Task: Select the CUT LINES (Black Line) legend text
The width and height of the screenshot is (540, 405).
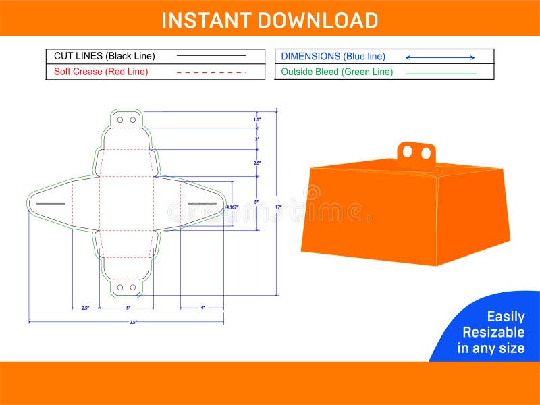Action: pyautogui.click(x=104, y=56)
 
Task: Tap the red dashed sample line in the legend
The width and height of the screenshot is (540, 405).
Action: pyautogui.click(x=211, y=72)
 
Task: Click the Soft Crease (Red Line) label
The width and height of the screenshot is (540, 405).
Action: pyautogui.click(x=101, y=72)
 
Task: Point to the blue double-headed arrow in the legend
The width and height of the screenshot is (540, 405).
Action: pyautogui.click(x=440, y=57)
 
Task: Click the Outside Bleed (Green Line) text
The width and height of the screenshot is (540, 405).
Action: pyautogui.click(x=337, y=72)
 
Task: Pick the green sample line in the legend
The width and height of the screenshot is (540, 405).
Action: pyautogui.click(x=440, y=73)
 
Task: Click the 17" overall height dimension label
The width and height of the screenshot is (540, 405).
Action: pyautogui.click(x=277, y=207)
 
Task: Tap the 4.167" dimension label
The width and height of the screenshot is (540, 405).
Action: pyautogui.click(x=232, y=207)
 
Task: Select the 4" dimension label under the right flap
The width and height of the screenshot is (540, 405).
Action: pyautogui.click(x=202, y=308)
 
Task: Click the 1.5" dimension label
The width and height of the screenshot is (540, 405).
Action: pyautogui.click(x=256, y=119)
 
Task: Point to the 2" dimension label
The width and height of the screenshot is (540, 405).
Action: pyautogui.click(x=256, y=138)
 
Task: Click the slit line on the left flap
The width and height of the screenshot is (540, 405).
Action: pyautogui.click(x=50, y=202)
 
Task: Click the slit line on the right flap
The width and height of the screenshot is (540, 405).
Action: pyautogui.click(x=202, y=202)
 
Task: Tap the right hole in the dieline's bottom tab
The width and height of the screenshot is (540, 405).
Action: pyautogui.click(x=133, y=287)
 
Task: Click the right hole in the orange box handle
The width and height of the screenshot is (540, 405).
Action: pyautogui.click(x=426, y=154)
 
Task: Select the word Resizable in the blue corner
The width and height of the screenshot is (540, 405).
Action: pyautogui.click(x=493, y=332)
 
